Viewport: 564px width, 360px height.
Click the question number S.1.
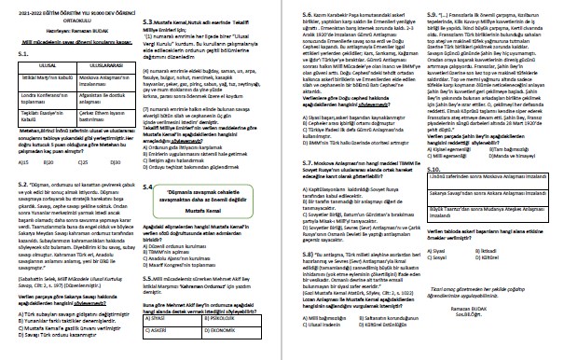[13, 54]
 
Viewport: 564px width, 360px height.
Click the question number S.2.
[13, 185]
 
